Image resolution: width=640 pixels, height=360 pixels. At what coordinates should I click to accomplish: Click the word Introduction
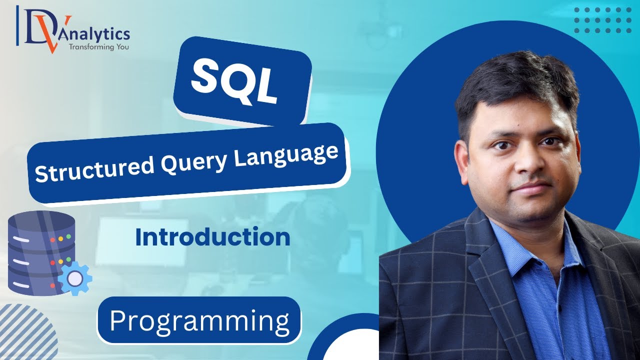pyautogui.click(x=212, y=237)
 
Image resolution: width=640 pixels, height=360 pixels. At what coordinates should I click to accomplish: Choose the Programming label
pyautogui.click(x=199, y=320)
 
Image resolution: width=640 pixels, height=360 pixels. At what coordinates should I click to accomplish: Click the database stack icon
pyautogui.click(x=40, y=252)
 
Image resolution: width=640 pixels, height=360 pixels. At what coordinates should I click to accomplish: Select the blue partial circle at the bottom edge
pyautogui.click(x=345, y=340)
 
